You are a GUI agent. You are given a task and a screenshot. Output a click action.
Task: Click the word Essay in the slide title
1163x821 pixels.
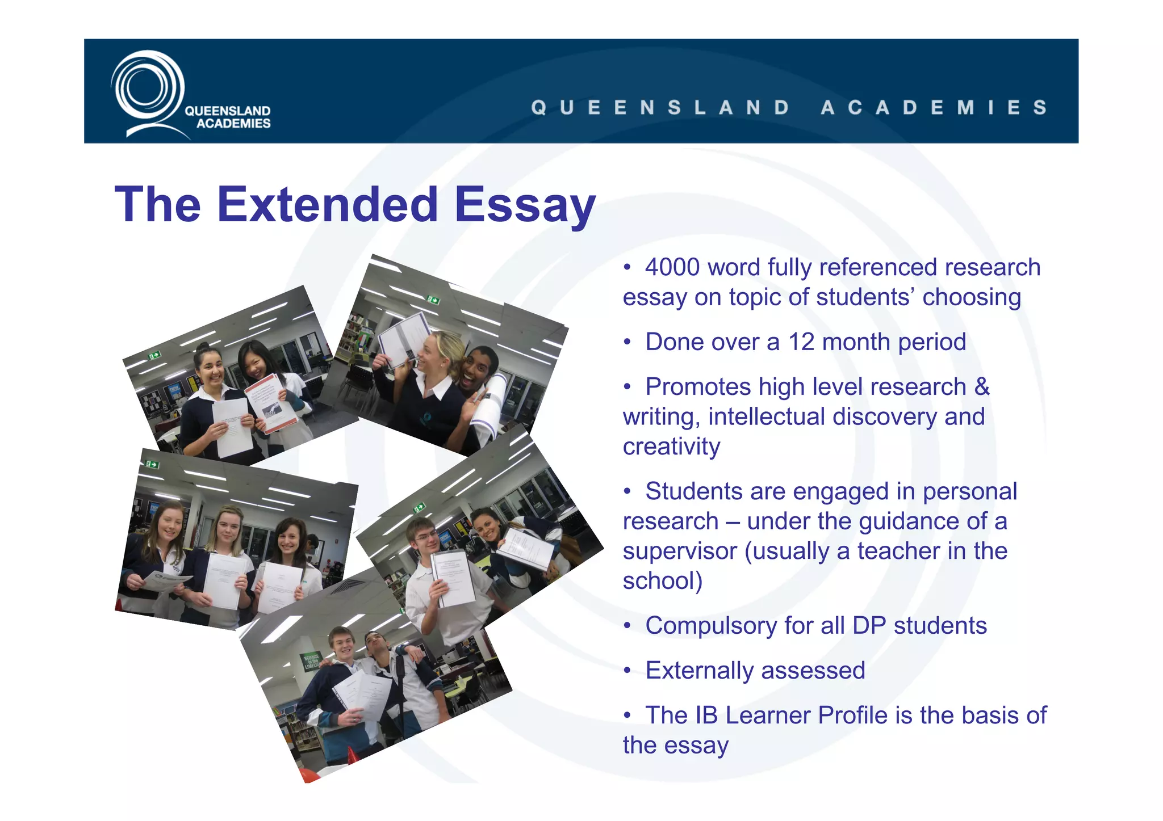[525, 205]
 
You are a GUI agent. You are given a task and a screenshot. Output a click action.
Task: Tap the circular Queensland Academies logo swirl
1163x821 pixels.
[147, 89]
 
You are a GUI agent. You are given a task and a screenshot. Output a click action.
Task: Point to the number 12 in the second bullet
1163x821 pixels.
[801, 342]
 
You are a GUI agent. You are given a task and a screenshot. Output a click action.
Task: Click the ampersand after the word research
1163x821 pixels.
[982, 387]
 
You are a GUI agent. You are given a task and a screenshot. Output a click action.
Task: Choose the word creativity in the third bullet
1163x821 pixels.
[671, 447]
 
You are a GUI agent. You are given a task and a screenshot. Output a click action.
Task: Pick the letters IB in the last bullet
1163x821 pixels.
[706, 715]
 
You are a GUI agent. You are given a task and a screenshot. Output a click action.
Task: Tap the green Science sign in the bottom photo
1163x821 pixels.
[311, 661]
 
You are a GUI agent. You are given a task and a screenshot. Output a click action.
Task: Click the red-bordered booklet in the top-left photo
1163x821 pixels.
[271, 403]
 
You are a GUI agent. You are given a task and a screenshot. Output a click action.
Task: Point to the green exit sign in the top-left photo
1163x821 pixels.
[154, 356]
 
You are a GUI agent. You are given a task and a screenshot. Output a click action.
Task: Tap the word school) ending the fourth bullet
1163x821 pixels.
[663, 581]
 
